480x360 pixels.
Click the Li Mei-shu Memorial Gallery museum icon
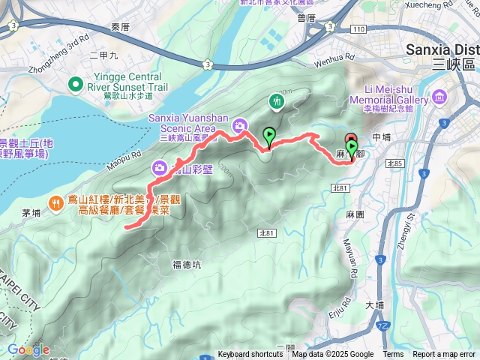coord(439,97)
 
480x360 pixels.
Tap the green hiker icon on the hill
coord(277,100)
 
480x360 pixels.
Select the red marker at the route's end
coord(350,140)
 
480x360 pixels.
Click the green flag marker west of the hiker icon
coord(268,136)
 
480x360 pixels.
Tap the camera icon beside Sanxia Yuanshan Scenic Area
coord(239,125)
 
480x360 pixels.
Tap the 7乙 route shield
coord(384,327)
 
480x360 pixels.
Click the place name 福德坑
coord(186,263)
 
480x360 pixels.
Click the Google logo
coord(28,349)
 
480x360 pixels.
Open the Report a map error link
coord(444,355)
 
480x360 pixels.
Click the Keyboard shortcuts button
coord(250,355)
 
